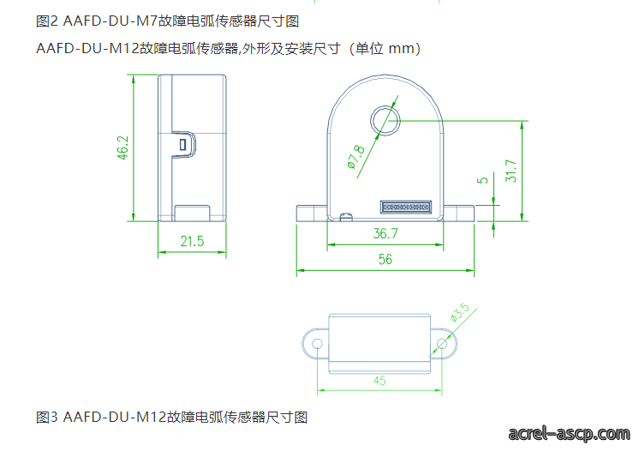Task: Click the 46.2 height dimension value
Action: (122, 147)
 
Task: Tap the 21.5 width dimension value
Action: (192, 241)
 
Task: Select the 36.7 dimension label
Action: (385, 233)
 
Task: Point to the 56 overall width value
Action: (385, 259)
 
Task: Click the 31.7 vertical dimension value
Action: (511, 171)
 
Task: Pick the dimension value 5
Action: (482, 180)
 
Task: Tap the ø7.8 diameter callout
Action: (356, 157)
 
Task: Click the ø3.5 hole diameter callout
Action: (460, 312)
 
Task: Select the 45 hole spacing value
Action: (379, 381)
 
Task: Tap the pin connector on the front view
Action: (405, 207)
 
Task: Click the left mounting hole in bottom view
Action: (317, 344)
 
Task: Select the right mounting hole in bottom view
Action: (442, 344)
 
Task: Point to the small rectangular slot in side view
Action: (183, 144)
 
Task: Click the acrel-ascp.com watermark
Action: (569, 434)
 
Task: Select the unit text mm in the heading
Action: (401, 49)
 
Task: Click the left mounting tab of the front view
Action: (312, 213)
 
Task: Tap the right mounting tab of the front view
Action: (458, 213)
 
